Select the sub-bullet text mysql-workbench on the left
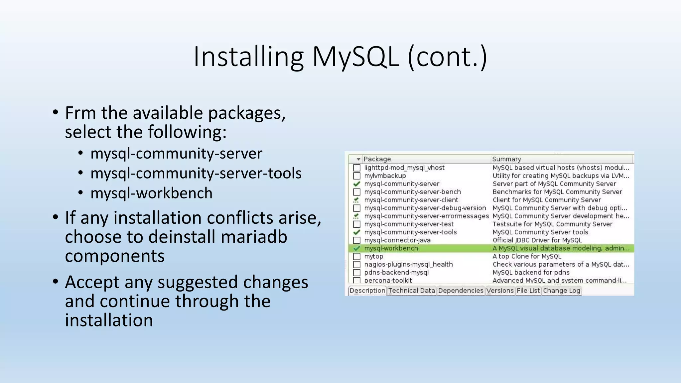pos(151,193)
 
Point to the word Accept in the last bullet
pos(92,282)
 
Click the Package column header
pos(377,159)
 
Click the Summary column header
pos(506,159)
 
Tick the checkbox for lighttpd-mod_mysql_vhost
pos(356,168)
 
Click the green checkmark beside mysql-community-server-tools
pos(356,232)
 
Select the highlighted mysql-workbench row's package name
pos(391,248)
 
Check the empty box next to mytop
pos(356,256)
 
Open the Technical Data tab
pos(412,291)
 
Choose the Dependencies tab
pos(461,291)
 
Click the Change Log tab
pos(561,291)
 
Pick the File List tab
pos(528,291)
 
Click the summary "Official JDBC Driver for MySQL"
pos(537,240)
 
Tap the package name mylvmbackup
pos(385,176)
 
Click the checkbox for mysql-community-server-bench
pos(356,192)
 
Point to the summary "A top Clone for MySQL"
pos(527,256)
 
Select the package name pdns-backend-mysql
pos(396,273)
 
